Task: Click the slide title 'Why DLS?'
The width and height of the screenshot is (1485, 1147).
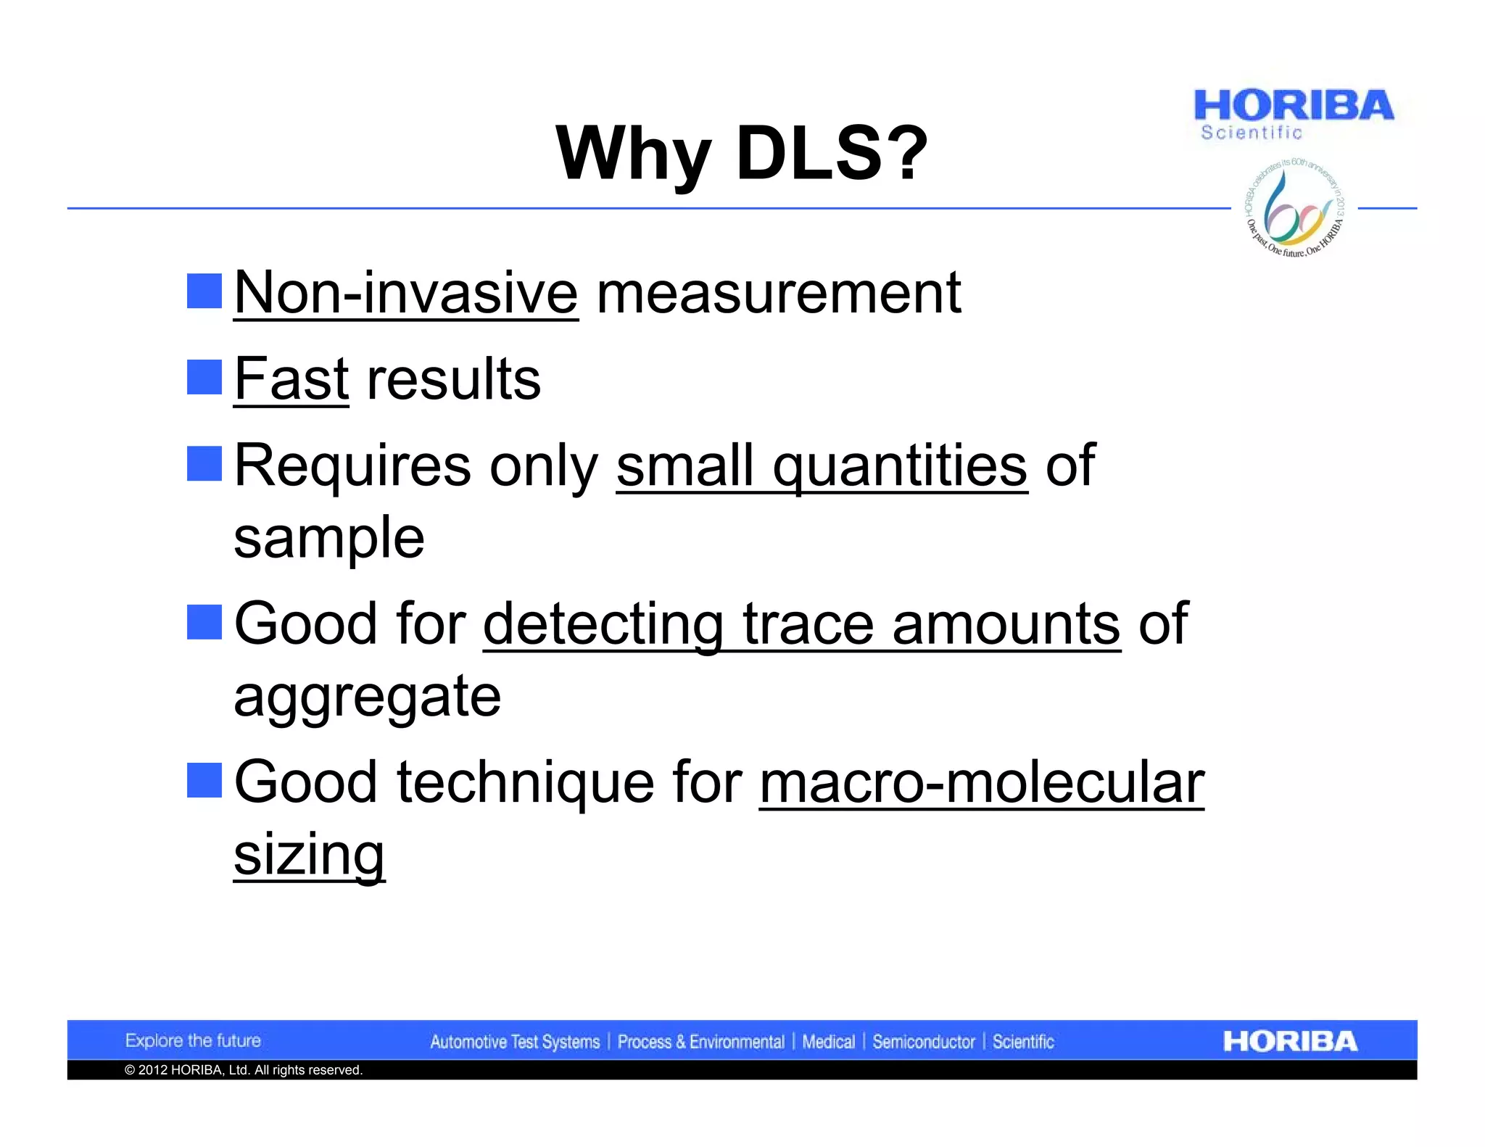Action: [x=741, y=154]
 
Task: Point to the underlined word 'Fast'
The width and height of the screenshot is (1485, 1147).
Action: [x=291, y=378]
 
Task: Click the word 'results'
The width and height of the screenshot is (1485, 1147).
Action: [x=454, y=378]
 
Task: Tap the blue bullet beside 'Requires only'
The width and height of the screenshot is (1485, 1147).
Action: [x=204, y=464]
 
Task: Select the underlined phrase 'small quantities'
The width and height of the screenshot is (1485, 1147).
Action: [x=822, y=465]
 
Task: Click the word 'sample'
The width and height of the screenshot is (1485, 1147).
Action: [x=329, y=537]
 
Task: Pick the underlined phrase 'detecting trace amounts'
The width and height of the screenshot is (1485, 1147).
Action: [x=801, y=624]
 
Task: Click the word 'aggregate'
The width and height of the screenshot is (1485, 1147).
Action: [x=367, y=696]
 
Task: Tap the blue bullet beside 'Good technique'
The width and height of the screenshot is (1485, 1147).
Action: [x=204, y=781]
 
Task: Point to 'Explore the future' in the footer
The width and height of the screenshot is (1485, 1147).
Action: [x=193, y=1040]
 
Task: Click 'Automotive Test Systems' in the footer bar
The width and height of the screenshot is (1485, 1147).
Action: [x=515, y=1042]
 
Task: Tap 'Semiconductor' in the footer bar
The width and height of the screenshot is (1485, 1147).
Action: [x=924, y=1042]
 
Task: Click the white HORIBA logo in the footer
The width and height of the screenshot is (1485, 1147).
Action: [x=1290, y=1041]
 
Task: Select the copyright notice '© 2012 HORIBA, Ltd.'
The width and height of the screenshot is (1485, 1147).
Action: [x=244, y=1070]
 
